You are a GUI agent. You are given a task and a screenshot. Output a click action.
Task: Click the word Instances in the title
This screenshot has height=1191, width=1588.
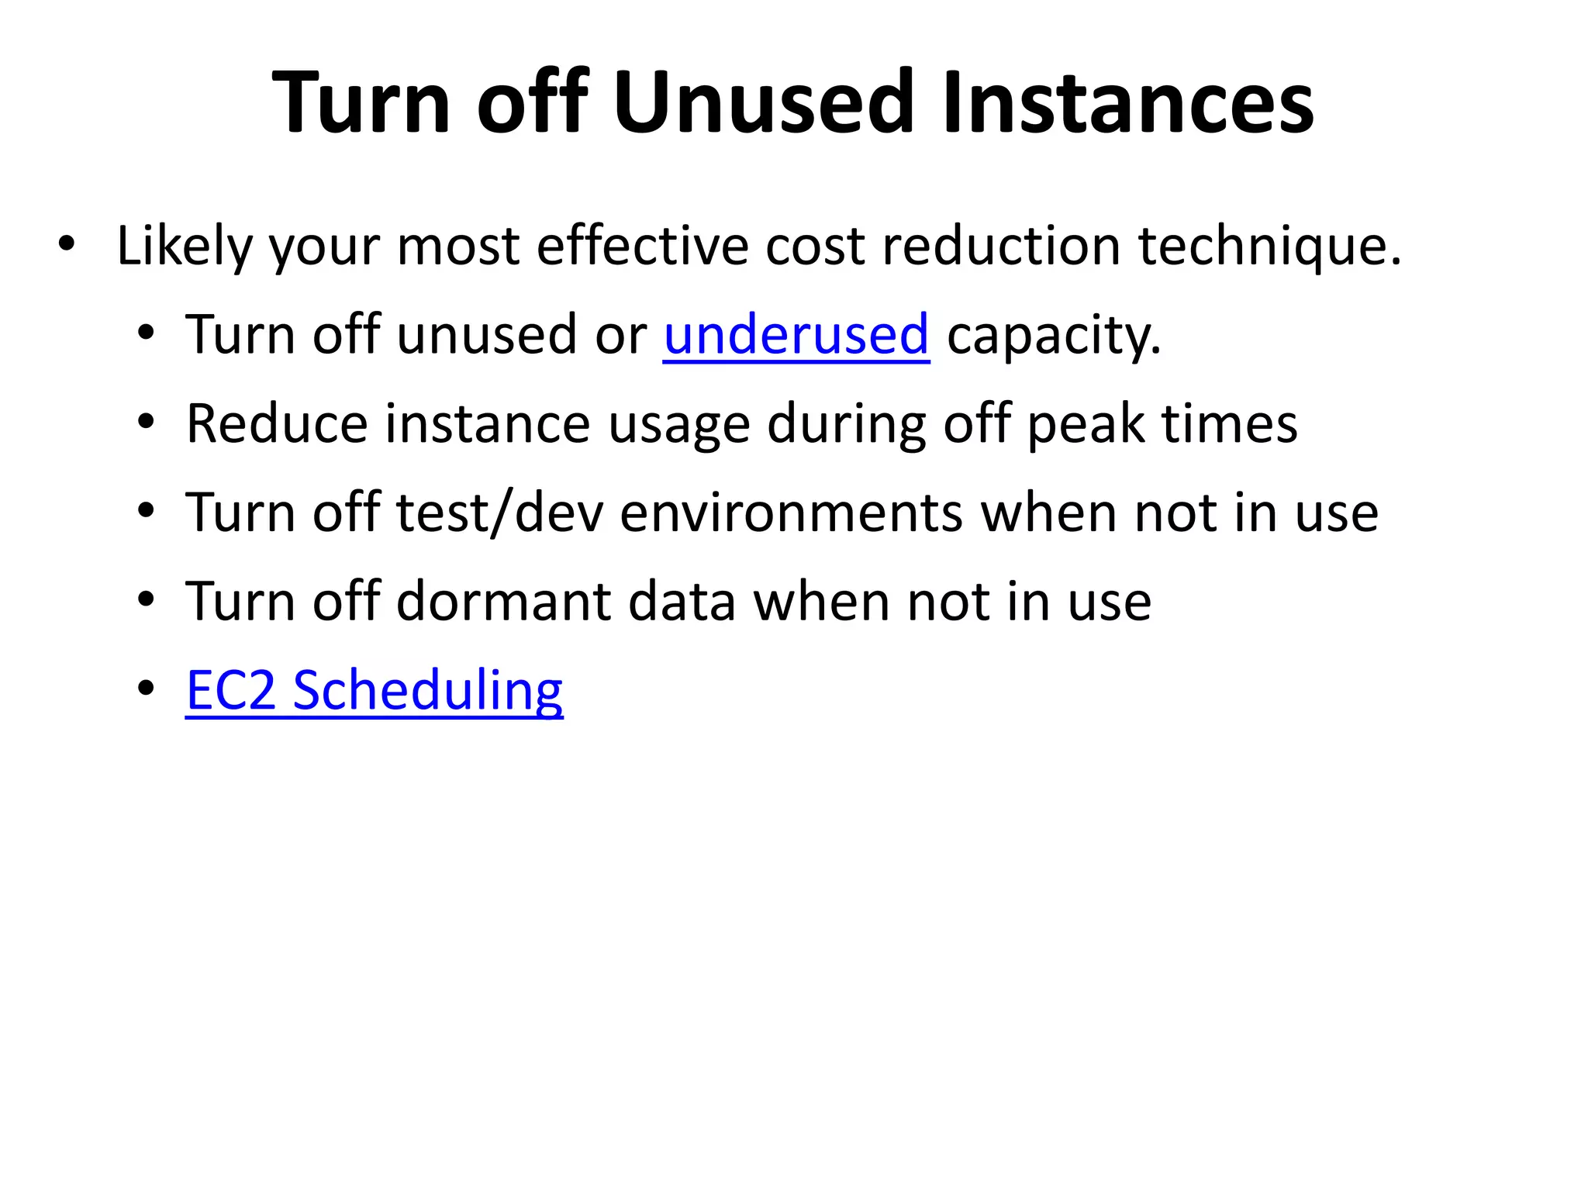coord(1127,102)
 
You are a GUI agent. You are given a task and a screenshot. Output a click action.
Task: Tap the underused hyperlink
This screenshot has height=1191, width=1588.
coord(796,335)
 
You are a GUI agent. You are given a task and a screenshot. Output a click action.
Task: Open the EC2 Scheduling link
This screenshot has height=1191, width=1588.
coord(375,690)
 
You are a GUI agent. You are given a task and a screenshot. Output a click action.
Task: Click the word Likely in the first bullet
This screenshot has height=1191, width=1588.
coord(185,247)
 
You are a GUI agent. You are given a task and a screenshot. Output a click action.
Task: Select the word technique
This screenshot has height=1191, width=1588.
coord(1269,247)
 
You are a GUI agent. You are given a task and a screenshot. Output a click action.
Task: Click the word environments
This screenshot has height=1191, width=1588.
coord(791,513)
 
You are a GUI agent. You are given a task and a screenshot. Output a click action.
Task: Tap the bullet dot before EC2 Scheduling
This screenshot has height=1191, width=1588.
coord(146,689)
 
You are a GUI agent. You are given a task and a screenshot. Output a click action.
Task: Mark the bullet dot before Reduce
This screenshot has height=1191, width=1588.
coord(146,423)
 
